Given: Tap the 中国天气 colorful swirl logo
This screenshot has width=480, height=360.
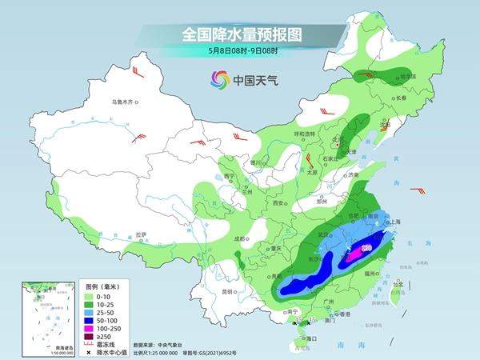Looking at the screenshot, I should click(x=219, y=79).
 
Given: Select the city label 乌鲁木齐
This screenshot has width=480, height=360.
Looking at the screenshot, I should click(x=125, y=102).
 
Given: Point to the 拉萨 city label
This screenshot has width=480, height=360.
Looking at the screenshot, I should click(x=141, y=234).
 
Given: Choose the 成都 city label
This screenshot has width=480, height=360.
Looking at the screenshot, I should click(x=238, y=238).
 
